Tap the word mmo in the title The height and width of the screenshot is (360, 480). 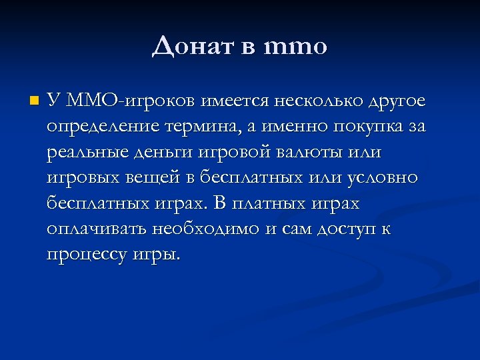(296, 46)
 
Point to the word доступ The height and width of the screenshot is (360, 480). (341, 229)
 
